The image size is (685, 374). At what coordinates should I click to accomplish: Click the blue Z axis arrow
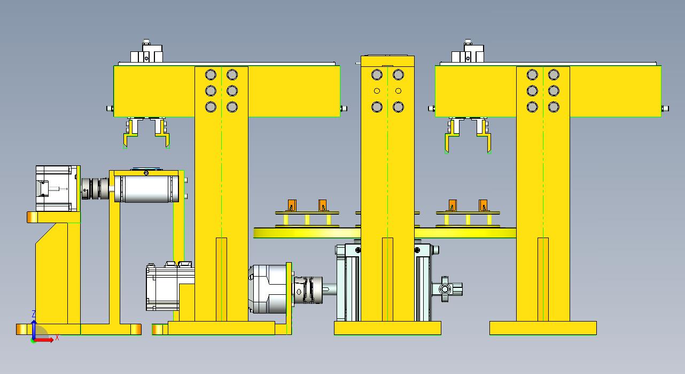pos(34,330)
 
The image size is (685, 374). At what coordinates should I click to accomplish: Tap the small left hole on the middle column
pos(377,90)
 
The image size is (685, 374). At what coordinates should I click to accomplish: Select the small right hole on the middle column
pos(398,90)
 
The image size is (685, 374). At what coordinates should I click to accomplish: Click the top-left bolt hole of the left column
pos(211,74)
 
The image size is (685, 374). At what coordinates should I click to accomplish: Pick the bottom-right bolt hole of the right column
pos(554,107)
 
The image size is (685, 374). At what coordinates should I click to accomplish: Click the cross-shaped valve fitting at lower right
pos(447,289)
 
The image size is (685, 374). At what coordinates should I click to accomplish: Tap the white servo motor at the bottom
pos(170,286)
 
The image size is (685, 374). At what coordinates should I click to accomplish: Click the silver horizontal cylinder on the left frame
pos(146,189)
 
